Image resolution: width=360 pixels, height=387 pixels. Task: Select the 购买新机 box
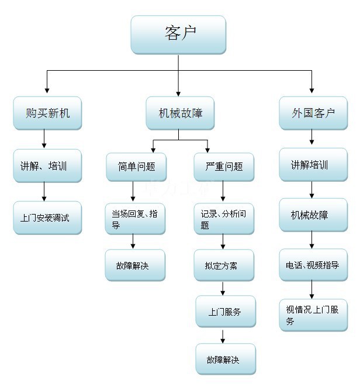(47, 113)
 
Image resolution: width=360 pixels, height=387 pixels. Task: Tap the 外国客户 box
(313, 113)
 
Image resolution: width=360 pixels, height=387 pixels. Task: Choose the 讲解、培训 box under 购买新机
(47, 165)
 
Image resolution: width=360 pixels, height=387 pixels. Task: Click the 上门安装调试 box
(47, 217)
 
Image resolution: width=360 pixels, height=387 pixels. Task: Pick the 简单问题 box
(136, 167)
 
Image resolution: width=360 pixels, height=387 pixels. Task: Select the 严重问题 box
(224, 167)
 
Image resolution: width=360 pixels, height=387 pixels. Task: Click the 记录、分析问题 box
(224, 219)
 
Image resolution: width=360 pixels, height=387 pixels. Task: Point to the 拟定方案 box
(224, 265)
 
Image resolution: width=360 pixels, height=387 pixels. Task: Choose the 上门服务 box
(225, 312)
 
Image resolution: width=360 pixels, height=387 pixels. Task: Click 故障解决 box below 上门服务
(225, 359)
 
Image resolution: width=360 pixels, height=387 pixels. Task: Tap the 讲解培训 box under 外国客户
(313, 165)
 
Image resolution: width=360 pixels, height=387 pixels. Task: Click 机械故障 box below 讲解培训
(313, 215)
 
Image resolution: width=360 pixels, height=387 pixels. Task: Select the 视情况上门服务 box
(313, 315)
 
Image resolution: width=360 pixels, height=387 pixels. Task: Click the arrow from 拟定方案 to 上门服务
(223, 288)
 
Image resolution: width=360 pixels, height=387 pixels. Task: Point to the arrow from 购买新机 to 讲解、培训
(44, 139)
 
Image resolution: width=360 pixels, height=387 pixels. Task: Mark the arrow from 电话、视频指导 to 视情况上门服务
(311, 289)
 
